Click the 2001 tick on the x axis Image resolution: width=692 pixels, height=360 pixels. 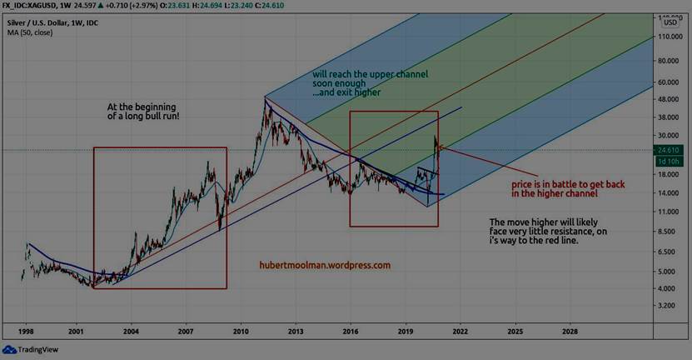(76, 331)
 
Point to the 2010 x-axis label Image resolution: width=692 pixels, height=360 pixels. (241, 331)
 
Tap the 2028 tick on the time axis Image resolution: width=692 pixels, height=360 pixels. (570, 331)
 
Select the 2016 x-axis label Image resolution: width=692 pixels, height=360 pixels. (351, 331)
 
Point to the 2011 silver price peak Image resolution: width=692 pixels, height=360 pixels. (266, 99)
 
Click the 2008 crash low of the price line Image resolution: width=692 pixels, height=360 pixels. (220, 227)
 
